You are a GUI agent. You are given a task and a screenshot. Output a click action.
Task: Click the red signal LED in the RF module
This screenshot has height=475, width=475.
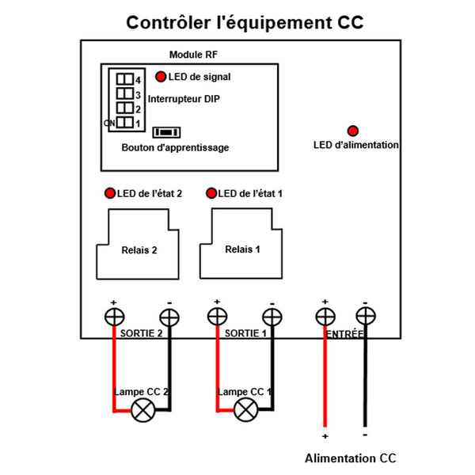[x=161, y=77]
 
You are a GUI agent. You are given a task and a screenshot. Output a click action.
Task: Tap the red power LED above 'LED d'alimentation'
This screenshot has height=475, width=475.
[x=352, y=131]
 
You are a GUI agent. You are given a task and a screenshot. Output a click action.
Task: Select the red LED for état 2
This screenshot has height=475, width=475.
[x=110, y=193]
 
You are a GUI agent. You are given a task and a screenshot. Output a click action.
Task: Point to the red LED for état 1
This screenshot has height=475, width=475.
[x=211, y=193]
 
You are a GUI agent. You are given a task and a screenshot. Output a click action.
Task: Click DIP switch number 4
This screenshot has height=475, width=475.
[x=125, y=79]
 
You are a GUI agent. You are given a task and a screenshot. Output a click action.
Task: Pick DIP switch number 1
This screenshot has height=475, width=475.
[x=125, y=123]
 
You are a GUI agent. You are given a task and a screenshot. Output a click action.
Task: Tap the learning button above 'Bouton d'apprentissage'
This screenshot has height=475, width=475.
[x=166, y=132]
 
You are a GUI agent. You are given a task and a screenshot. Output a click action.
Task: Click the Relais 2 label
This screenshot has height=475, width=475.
[x=139, y=250]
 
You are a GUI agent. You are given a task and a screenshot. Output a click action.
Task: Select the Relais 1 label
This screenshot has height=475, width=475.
[x=243, y=249]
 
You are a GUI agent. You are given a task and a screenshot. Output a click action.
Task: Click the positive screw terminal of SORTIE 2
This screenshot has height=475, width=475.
[x=114, y=317]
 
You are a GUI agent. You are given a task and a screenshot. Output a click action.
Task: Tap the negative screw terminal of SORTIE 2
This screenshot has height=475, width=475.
[x=169, y=317]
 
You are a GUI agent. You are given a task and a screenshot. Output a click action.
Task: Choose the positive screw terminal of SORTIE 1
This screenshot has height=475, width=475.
[x=217, y=316]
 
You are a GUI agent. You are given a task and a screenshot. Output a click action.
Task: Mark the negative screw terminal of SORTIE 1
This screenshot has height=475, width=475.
[x=272, y=317]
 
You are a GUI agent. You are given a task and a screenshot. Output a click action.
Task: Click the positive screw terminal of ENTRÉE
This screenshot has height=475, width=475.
[x=325, y=317]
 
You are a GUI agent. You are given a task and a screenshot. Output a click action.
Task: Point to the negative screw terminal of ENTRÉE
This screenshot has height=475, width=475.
[x=366, y=316]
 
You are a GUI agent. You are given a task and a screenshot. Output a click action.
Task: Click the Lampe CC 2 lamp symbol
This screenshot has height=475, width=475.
[x=143, y=410]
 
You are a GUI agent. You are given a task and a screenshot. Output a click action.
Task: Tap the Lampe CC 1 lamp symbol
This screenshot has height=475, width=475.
[x=246, y=410]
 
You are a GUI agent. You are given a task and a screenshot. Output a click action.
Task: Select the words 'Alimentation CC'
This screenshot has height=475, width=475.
[x=351, y=458]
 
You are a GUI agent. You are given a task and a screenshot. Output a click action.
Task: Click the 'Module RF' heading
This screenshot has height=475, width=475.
[x=193, y=55]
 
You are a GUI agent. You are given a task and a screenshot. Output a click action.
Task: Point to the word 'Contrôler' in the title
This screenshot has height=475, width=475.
[x=169, y=22]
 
